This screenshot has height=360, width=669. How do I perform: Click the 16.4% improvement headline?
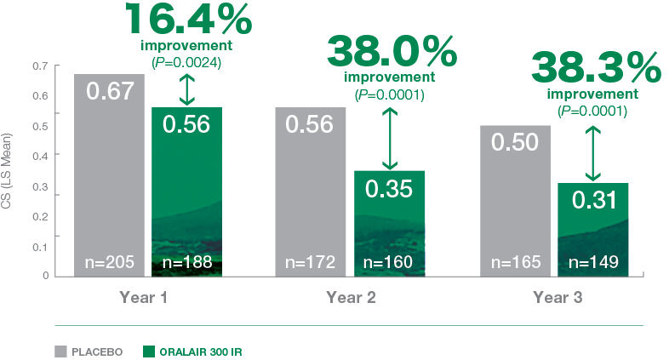click(189, 19)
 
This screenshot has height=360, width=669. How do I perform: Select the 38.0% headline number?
click(392, 51)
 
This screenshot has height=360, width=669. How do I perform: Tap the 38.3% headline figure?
click(596, 68)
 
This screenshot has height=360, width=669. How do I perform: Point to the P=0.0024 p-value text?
click(186, 63)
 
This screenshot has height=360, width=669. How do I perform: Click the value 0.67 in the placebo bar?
click(110, 91)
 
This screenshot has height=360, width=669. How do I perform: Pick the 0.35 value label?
click(389, 189)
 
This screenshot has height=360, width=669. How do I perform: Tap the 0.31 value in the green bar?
click(594, 200)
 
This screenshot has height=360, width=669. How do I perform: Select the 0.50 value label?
click(515, 142)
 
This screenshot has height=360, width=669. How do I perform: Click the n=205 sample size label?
click(110, 262)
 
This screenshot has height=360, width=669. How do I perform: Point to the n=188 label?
click(187, 262)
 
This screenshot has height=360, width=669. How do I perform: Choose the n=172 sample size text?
click(310, 262)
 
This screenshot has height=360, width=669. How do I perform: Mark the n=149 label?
click(593, 262)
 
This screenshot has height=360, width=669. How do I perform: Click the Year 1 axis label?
click(143, 297)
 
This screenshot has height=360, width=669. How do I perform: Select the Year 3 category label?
click(557, 297)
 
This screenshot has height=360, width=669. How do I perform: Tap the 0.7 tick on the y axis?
click(40, 66)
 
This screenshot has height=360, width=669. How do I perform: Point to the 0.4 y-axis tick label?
click(40, 156)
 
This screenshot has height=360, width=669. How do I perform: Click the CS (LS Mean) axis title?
click(6, 171)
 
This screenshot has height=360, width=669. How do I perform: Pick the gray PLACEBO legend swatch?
click(61, 351)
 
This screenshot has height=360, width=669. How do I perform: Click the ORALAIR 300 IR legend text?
click(201, 351)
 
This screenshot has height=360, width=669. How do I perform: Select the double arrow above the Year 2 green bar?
click(390, 139)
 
